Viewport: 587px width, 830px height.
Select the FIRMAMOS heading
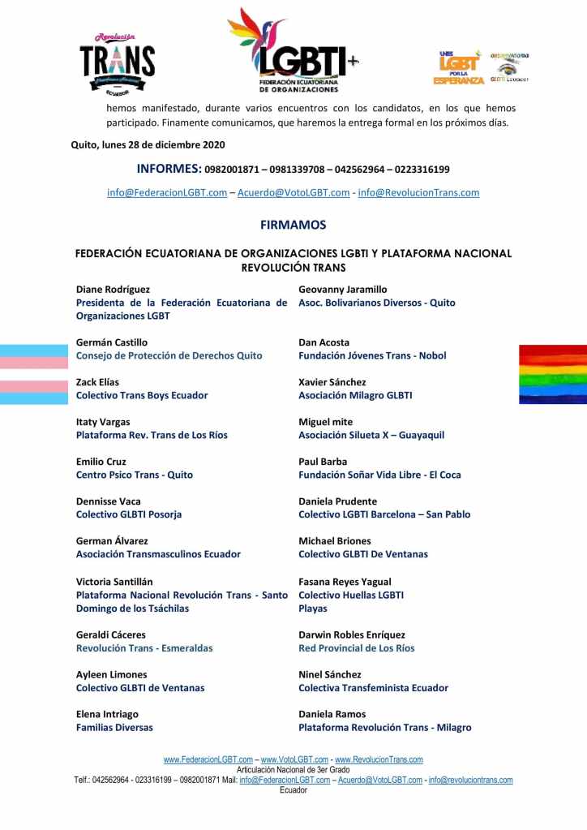pos(293,225)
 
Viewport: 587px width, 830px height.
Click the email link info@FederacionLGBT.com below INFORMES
pos(167,193)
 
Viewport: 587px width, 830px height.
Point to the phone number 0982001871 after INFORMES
pos(234,170)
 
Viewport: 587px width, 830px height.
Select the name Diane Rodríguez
pos(113,290)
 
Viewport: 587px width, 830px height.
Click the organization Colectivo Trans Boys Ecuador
pos(142,395)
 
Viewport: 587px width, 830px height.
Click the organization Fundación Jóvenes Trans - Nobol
pos(372,355)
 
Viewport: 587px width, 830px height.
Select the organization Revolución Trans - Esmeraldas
pos(144,648)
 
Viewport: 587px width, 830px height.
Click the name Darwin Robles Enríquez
pos(352,635)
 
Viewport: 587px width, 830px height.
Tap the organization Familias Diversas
pos(114,728)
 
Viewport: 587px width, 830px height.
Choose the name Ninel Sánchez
pos(330,675)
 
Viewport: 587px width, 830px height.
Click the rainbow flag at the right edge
pos(552,374)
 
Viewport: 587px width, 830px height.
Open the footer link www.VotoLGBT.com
pos(294,760)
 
